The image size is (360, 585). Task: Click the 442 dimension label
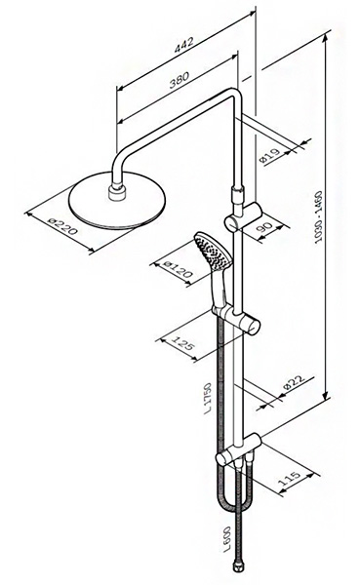point(184,45)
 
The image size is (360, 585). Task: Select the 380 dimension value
point(180,80)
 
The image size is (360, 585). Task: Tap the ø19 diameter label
point(269,156)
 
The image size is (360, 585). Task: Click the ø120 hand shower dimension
point(179,269)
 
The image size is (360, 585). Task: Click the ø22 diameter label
point(294,383)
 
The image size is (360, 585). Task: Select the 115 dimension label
point(290,478)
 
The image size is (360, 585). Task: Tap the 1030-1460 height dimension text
point(319,217)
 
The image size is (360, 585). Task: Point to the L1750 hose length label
point(208,399)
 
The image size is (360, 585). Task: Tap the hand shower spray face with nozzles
point(212,251)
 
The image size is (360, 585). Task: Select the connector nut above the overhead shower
point(117,191)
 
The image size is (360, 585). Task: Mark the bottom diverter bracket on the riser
point(238,449)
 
